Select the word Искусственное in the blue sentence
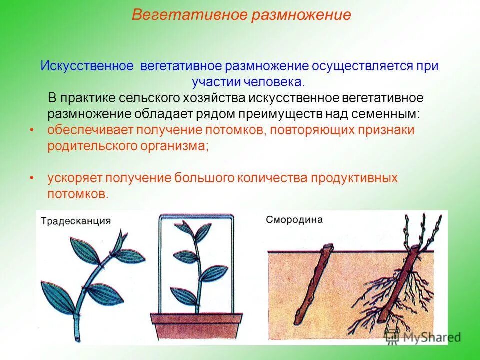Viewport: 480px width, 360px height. coord(86,66)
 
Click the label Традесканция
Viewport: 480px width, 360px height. coord(75,221)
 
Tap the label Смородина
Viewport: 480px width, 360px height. coord(294,219)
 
